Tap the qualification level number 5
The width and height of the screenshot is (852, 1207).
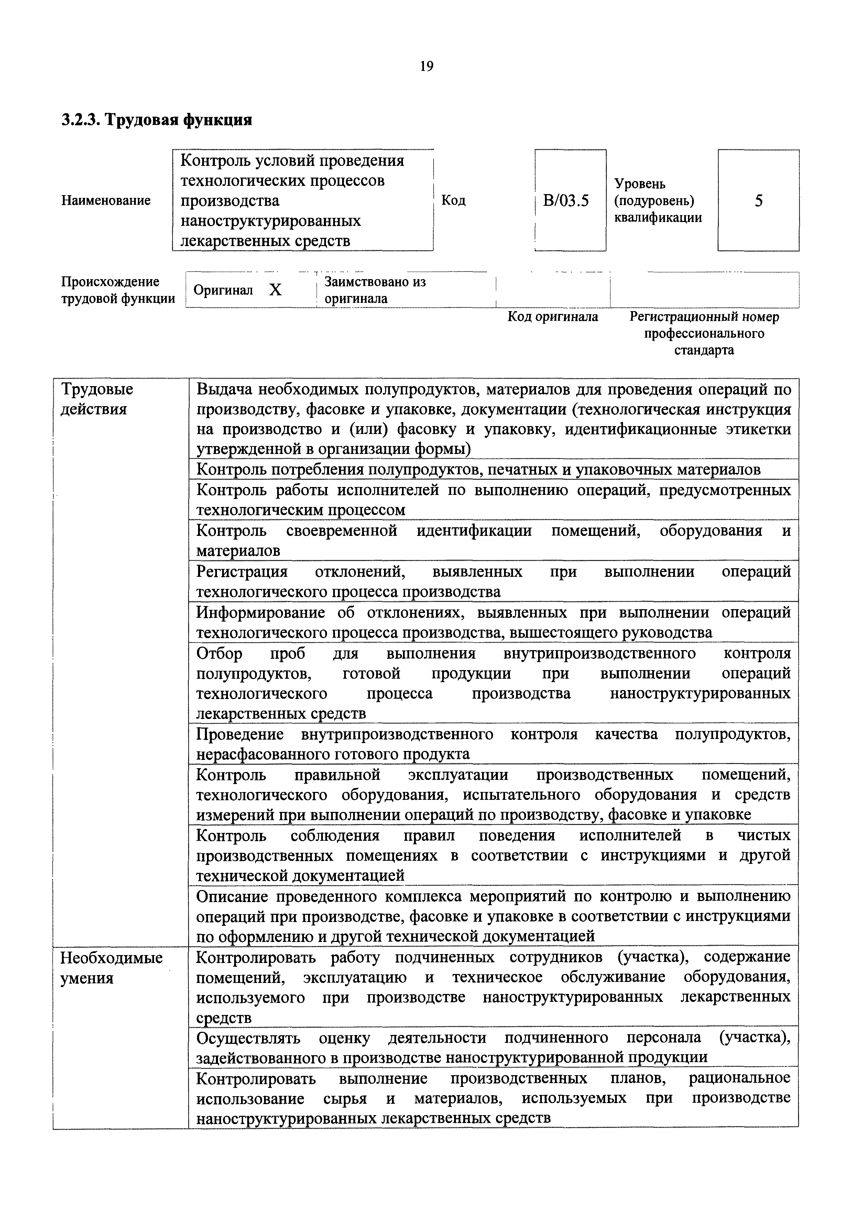(x=758, y=200)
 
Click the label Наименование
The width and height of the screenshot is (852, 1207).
(x=106, y=200)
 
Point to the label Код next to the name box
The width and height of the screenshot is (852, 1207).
(x=453, y=200)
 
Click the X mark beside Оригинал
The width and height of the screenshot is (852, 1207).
(x=275, y=290)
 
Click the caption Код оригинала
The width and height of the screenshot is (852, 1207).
(x=553, y=317)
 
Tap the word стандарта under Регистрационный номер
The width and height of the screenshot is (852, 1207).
(x=704, y=350)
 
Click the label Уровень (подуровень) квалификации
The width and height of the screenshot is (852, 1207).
(x=658, y=201)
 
